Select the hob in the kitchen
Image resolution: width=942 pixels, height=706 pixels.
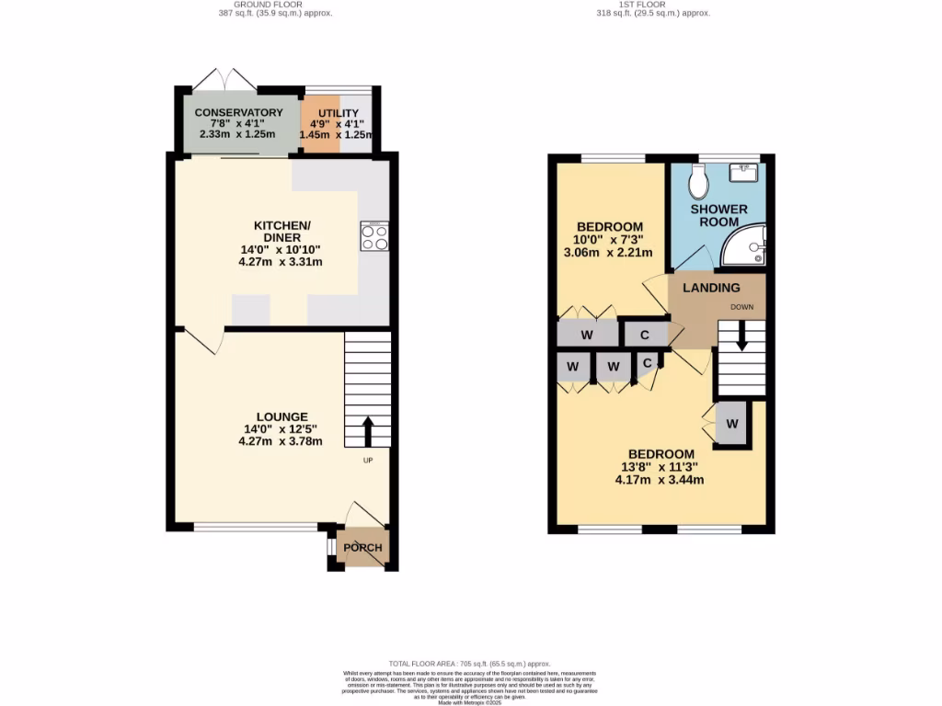tap(374, 237)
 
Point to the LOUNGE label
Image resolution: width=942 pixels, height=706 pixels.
tap(282, 416)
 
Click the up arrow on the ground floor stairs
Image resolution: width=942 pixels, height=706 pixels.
tap(367, 429)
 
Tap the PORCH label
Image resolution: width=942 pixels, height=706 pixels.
tap(362, 548)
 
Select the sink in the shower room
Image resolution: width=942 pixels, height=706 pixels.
tap(744, 172)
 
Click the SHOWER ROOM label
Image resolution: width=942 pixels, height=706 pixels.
tap(718, 215)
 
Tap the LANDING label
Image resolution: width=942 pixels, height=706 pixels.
tap(710, 288)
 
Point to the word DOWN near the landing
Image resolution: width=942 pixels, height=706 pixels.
tap(741, 306)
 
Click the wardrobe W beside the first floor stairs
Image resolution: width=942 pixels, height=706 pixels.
tap(732, 424)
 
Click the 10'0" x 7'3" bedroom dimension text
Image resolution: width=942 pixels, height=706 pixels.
tap(608, 246)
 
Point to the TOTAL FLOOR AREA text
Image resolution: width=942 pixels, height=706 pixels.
tap(469, 663)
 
